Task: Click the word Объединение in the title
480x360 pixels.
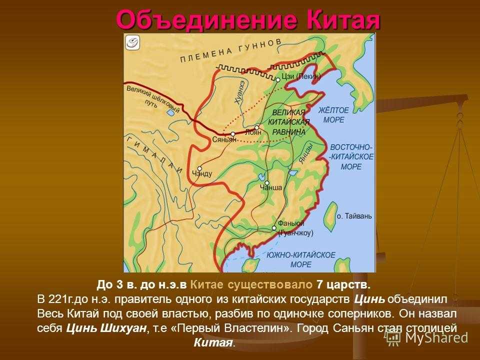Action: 206,20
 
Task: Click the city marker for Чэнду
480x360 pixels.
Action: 199,168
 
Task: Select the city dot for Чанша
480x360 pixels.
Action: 267,183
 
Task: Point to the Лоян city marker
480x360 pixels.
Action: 257,127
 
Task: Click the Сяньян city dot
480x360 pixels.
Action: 233,134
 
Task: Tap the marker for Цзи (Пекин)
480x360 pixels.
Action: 277,80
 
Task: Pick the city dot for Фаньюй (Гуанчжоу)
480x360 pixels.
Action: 274,228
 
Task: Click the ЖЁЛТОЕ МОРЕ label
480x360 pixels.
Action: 333,115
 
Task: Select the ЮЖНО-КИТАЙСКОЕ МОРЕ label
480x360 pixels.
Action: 300,259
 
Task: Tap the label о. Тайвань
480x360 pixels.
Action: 354,216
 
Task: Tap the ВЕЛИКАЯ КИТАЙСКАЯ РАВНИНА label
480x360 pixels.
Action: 288,122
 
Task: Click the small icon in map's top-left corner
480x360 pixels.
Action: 132,42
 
